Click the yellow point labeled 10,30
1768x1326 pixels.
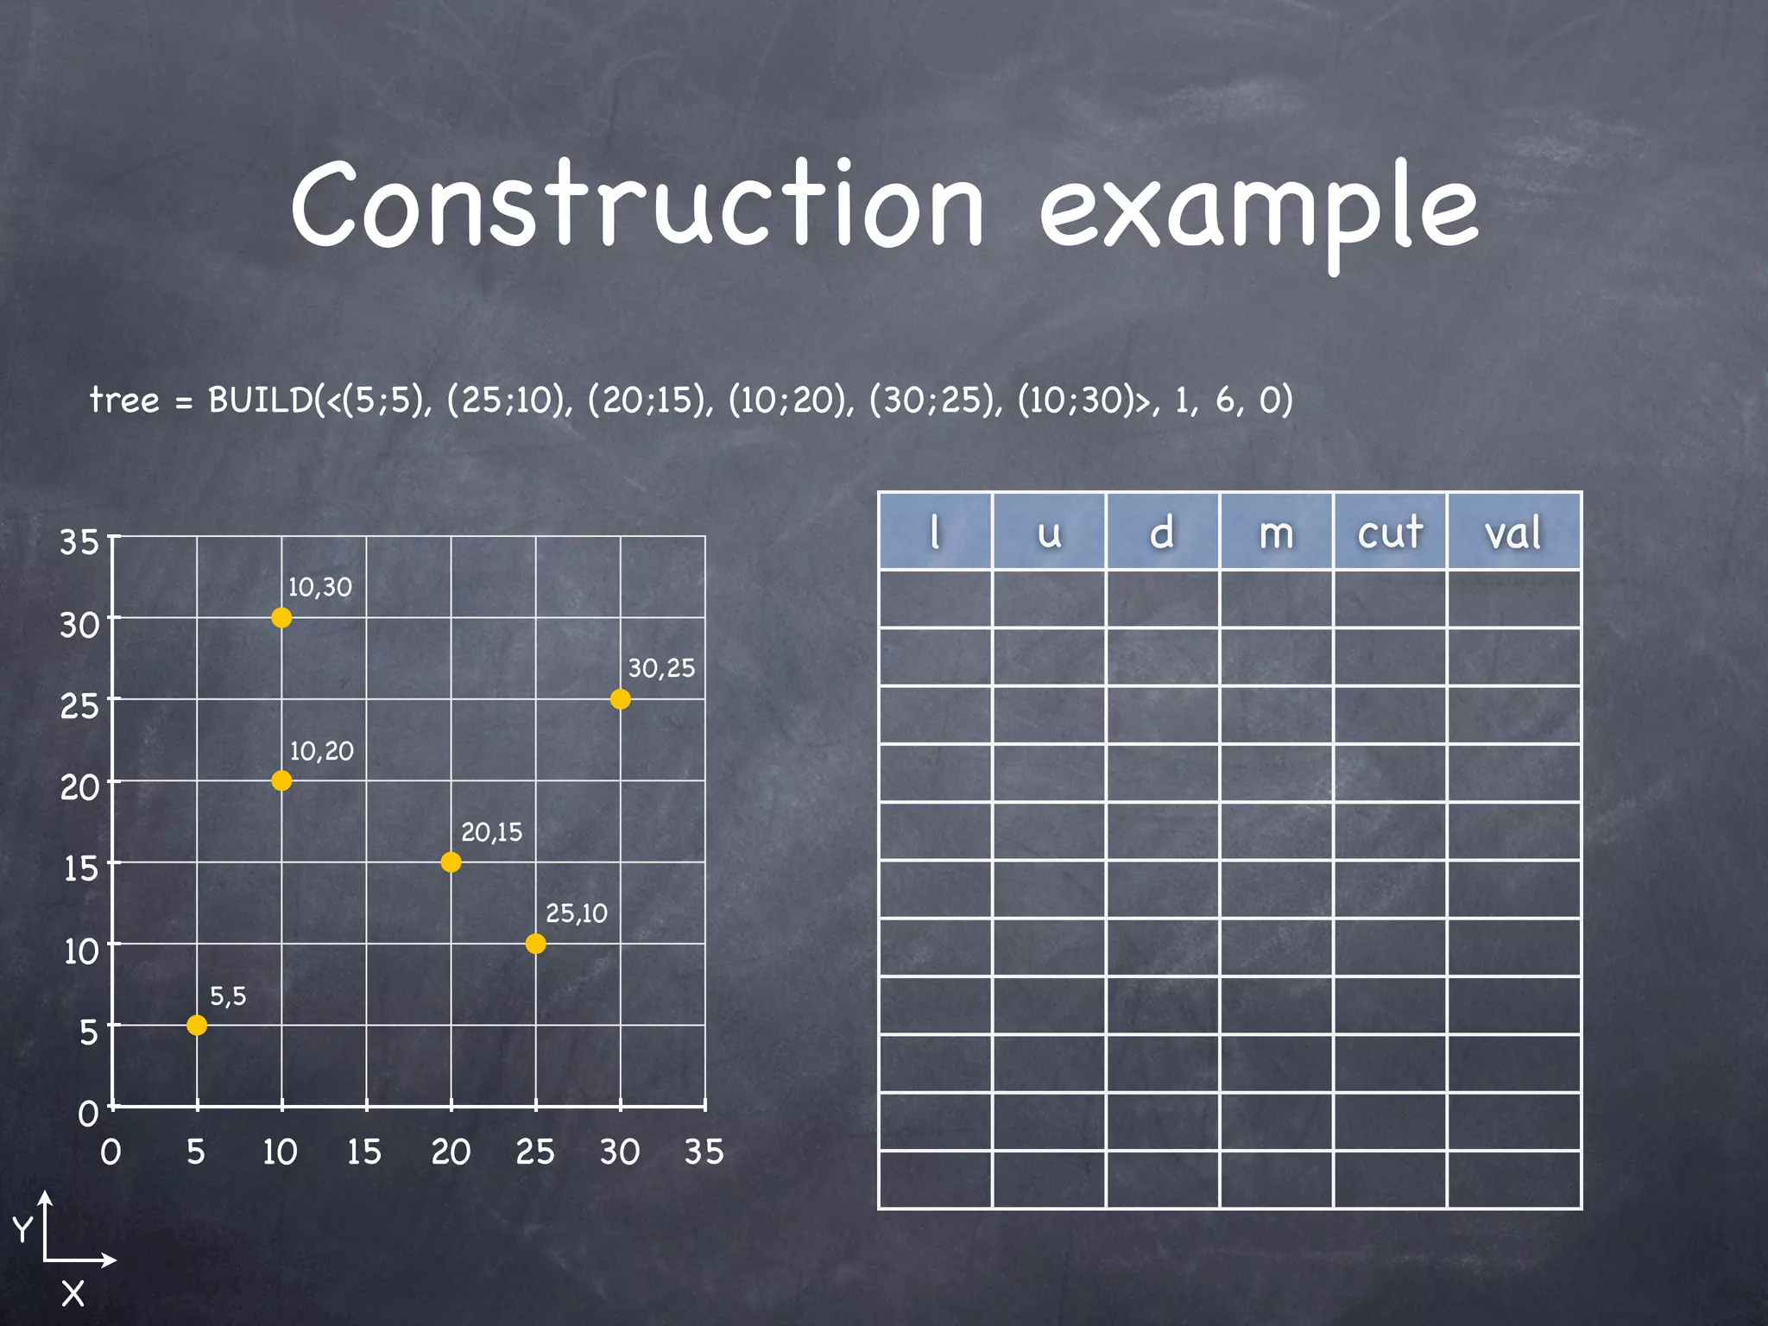tap(281, 617)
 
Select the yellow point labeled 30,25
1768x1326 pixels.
tap(620, 699)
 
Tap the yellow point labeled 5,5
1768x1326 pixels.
tap(197, 1025)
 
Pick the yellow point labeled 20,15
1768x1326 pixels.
tap(451, 862)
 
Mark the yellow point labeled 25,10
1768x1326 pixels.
tap(535, 944)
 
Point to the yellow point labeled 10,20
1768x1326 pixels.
tap(281, 780)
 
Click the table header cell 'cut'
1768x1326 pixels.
tap(1389, 532)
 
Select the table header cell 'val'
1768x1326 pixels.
tap(1513, 532)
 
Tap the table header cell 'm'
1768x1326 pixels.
tap(1276, 532)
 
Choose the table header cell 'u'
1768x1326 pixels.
tap(1049, 532)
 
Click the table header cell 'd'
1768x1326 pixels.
tap(1162, 532)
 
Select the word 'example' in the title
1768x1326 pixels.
tap(1259, 212)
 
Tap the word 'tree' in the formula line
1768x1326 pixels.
tap(125, 400)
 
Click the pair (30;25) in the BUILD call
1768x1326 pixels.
tap(936, 400)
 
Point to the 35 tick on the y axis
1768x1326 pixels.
tap(79, 542)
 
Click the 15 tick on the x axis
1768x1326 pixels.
tap(364, 1152)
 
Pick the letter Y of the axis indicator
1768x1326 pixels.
tap(22, 1227)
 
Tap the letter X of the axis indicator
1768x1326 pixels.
tap(73, 1293)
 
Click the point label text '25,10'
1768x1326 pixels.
tap(577, 912)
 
